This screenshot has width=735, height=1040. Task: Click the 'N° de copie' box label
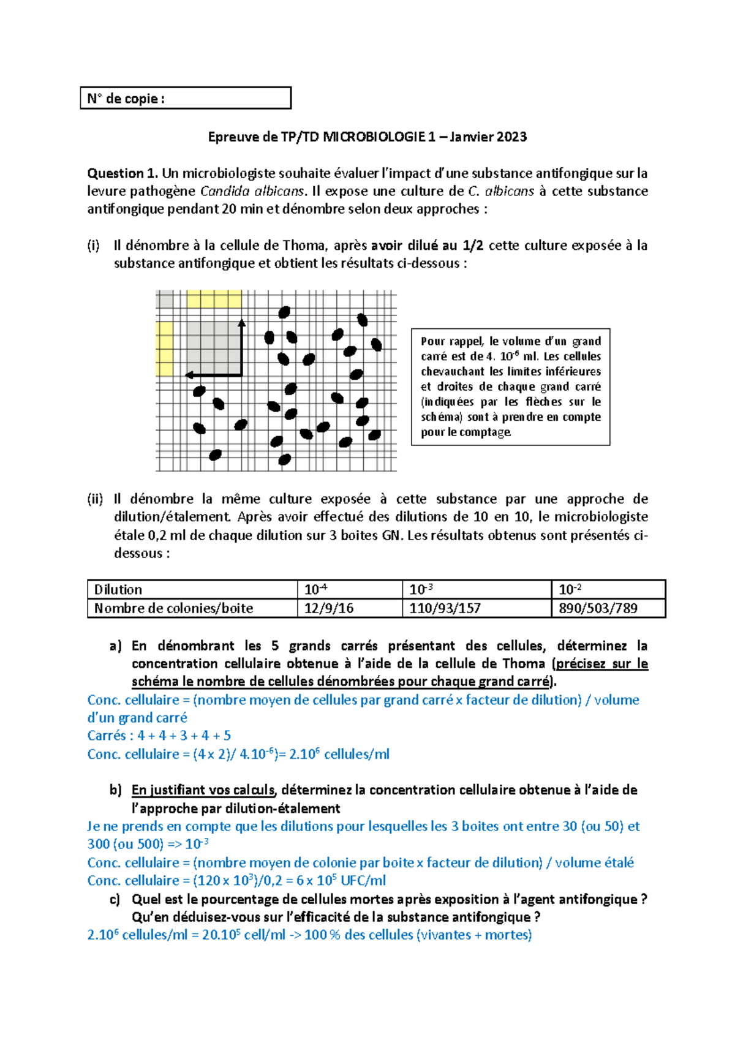[126, 99]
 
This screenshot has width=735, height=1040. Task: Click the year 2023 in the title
[511, 137]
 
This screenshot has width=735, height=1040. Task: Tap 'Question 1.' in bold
[122, 173]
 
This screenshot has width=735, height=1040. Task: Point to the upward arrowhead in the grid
[241, 323]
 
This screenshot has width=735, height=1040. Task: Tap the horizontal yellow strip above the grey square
[214, 300]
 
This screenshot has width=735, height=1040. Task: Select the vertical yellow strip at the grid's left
[165, 349]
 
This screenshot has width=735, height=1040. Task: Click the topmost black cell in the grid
[284, 312]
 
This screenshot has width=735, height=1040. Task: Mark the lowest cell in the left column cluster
[215, 455]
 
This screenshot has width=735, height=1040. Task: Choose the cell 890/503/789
[598, 608]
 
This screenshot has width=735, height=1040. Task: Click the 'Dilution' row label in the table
[118, 590]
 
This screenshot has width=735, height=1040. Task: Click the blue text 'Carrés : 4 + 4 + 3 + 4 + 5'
[159, 736]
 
